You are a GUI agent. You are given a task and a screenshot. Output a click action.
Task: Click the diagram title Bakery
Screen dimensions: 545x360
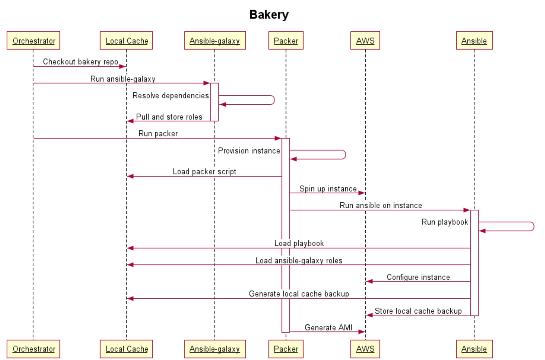click(269, 14)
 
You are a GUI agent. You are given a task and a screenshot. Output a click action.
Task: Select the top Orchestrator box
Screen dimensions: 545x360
click(33, 40)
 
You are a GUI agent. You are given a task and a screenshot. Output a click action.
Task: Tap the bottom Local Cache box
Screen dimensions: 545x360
click(126, 349)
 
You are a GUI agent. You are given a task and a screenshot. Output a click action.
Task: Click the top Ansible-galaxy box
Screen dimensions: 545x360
click(215, 40)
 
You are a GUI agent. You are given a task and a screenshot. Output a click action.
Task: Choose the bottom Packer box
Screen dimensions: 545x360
click(286, 349)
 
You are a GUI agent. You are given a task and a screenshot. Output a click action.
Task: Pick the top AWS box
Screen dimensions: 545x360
click(365, 40)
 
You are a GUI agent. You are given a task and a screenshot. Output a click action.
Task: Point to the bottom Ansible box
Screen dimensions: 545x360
click(474, 349)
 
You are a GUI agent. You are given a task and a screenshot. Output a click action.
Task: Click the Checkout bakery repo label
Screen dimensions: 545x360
click(81, 62)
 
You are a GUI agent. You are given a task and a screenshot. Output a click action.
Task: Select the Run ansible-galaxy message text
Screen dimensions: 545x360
click(123, 79)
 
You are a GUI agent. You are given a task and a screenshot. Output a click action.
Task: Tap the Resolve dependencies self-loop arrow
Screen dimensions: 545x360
click(274, 100)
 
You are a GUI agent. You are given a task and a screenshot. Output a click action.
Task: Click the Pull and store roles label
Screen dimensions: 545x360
click(169, 117)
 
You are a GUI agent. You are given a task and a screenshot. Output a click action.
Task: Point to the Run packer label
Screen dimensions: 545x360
click(158, 134)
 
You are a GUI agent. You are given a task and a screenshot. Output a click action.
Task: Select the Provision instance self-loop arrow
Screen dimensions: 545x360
click(345, 155)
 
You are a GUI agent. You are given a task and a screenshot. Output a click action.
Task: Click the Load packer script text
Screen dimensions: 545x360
click(204, 171)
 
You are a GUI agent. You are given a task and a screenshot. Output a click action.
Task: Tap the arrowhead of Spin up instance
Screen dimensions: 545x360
click(362, 193)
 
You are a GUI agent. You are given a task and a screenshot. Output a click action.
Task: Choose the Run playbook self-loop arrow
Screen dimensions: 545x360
click(533, 226)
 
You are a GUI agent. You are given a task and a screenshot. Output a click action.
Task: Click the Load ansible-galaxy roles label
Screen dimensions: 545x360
click(299, 261)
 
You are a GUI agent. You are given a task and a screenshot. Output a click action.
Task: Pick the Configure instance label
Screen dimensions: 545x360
click(418, 277)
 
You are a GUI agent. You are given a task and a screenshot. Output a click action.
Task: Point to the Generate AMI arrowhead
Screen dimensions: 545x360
click(362, 331)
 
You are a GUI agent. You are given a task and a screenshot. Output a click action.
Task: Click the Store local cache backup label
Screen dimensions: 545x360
click(418, 311)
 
